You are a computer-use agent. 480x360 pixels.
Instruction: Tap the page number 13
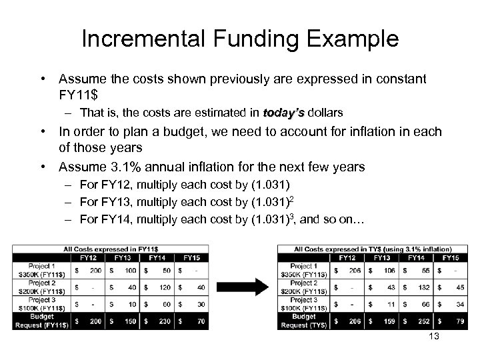coord(434,337)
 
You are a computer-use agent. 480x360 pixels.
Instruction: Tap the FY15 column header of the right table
coord(451,257)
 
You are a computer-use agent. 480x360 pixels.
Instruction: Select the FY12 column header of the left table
coord(88,257)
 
